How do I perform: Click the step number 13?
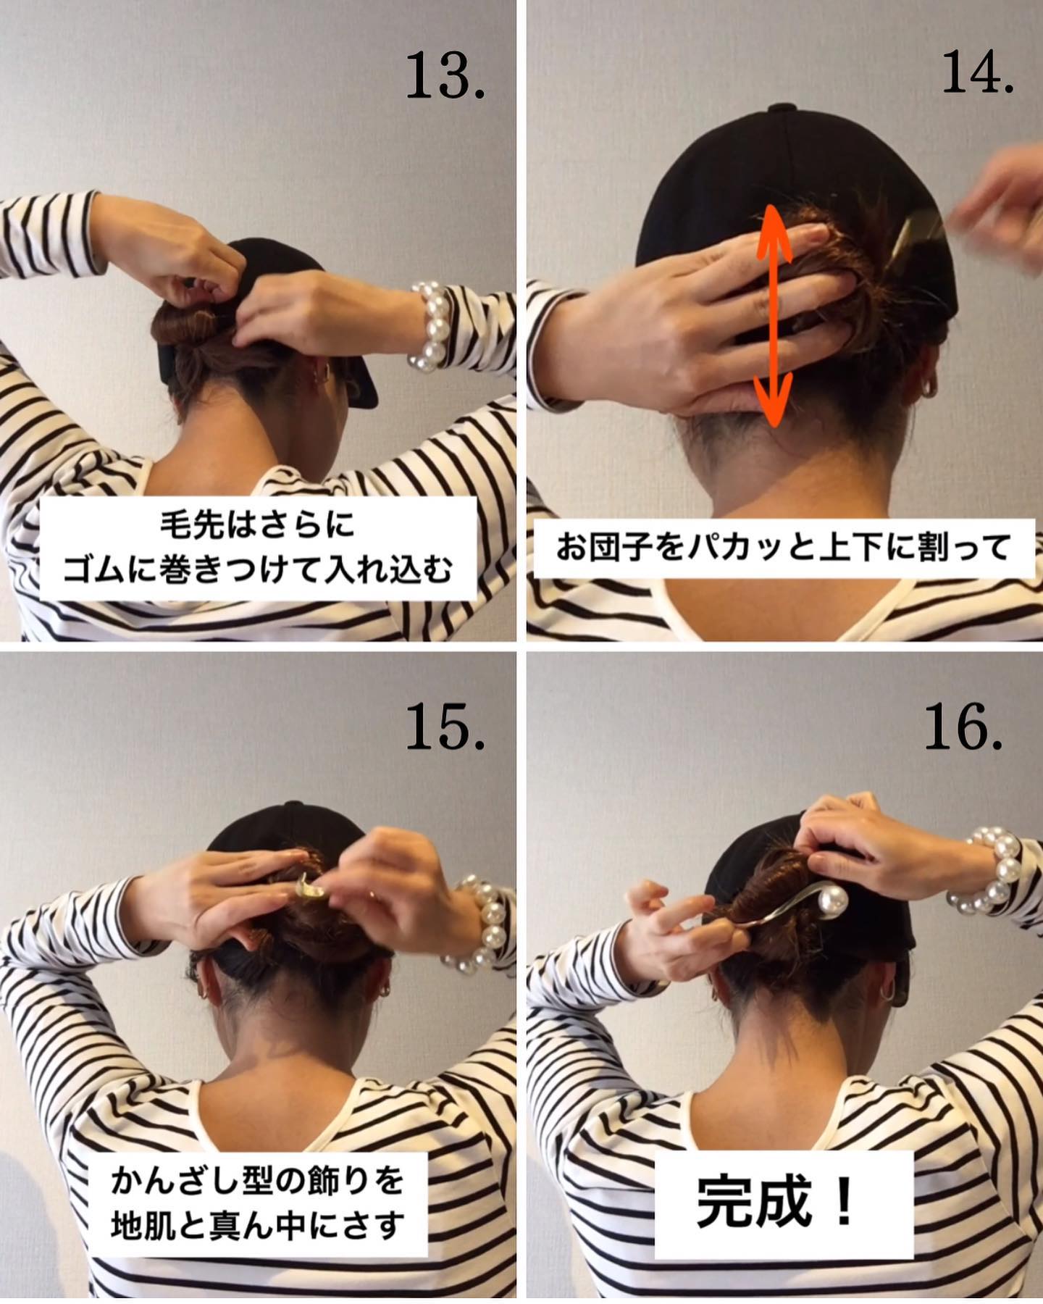pyautogui.click(x=444, y=77)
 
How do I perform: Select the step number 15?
pyautogui.click(x=444, y=726)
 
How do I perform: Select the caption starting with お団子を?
pyautogui.click(x=783, y=548)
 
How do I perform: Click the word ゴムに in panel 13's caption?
pyautogui.click(x=106, y=570)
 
